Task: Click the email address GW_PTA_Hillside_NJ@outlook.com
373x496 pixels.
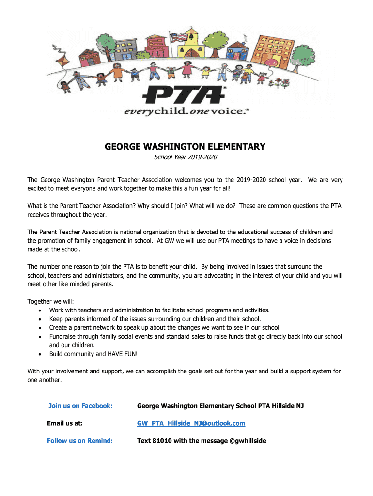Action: tap(191, 423)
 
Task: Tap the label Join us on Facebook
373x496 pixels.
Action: tap(80, 406)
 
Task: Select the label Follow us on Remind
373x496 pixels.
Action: tap(80, 441)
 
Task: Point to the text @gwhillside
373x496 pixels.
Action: tap(247, 441)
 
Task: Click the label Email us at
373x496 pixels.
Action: tap(65, 423)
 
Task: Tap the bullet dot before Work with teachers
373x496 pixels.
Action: tap(39, 310)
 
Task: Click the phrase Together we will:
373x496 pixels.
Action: tap(50, 301)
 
